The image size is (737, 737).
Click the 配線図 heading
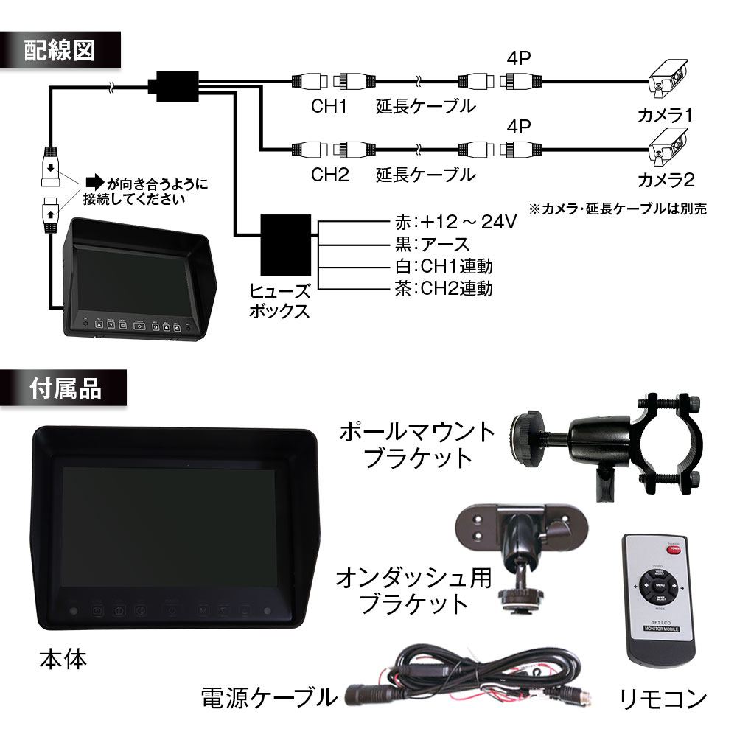(60, 52)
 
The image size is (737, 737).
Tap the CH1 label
(328, 107)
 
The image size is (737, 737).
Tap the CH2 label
(328, 175)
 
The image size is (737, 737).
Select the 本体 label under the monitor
(63, 658)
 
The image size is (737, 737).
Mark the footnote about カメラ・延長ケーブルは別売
(618, 209)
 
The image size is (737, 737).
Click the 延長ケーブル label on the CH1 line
(425, 107)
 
